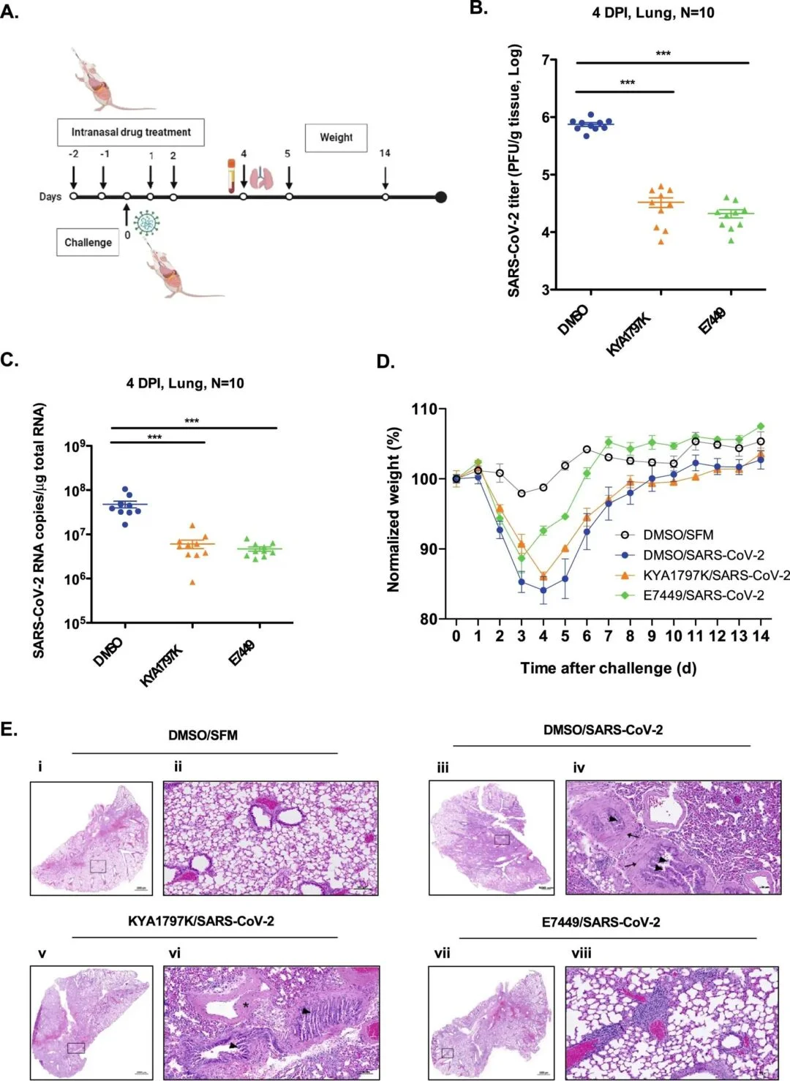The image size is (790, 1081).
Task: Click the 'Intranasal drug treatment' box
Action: point(131,132)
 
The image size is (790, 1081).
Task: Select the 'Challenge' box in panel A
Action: point(88,242)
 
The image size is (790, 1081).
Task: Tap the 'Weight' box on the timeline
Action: point(336,138)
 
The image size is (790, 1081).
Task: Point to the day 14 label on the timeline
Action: point(385,153)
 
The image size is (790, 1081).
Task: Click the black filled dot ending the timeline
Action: point(440,197)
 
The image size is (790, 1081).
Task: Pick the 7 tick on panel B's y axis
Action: point(544,60)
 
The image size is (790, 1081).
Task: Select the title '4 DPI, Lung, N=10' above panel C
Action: point(185,383)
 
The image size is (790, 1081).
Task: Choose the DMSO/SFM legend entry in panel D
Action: point(677,535)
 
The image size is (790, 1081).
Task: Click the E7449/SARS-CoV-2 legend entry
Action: point(703,595)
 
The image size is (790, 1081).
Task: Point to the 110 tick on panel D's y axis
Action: point(424,410)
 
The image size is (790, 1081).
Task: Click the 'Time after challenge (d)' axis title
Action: point(608,668)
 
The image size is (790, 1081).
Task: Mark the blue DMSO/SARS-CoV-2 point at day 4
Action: point(543,590)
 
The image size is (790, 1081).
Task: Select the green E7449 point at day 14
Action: point(761,426)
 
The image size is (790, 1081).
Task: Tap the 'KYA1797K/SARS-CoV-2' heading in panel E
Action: point(201,921)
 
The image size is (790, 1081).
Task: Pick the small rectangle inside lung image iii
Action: point(502,839)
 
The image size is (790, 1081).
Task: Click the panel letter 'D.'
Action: point(385,361)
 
